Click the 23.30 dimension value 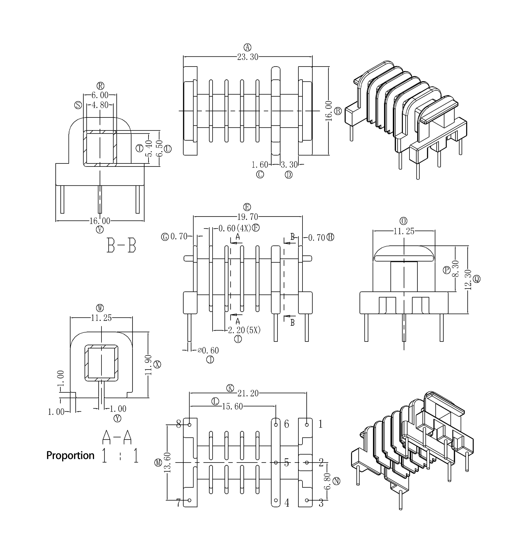(x=248, y=57)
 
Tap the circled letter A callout (x=248, y=47)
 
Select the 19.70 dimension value (x=248, y=217)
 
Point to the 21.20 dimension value (x=248, y=393)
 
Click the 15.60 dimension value (x=232, y=407)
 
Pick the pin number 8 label (x=178, y=424)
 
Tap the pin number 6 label (x=287, y=424)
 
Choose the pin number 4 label (x=287, y=503)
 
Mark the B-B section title (x=121, y=245)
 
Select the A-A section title (x=117, y=437)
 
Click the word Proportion (x=70, y=455)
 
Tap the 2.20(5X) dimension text (x=244, y=330)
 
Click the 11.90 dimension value (x=148, y=365)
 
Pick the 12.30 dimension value (x=468, y=280)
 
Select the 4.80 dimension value (x=100, y=105)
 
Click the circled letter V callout (x=100, y=229)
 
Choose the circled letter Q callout (x=477, y=279)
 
